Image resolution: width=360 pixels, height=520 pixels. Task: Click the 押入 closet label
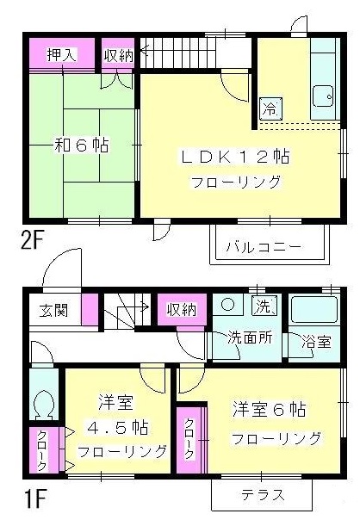(62, 55)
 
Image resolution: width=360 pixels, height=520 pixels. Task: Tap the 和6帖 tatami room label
(81, 145)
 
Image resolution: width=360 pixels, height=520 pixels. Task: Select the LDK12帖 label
(235, 157)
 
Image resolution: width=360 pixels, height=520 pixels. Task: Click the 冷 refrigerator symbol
(270, 108)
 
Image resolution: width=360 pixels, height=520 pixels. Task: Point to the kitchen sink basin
(323, 96)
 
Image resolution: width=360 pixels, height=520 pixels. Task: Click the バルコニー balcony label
(264, 247)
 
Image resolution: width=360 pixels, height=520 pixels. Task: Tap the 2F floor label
(32, 241)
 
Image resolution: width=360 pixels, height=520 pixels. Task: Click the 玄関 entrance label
(53, 311)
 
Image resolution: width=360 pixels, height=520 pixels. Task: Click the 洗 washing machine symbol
(264, 306)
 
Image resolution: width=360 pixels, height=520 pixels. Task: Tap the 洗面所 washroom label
(250, 337)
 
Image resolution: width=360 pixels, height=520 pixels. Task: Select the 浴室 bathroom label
(317, 341)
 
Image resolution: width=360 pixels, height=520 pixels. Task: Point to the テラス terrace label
(263, 495)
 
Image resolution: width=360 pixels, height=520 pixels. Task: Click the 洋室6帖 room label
(269, 409)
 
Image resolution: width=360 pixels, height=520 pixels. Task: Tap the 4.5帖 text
(118, 427)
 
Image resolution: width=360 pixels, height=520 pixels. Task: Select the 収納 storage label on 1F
(182, 310)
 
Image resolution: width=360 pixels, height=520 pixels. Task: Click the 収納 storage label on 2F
(119, 56)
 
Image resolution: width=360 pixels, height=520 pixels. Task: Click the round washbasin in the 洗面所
(228, 305)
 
